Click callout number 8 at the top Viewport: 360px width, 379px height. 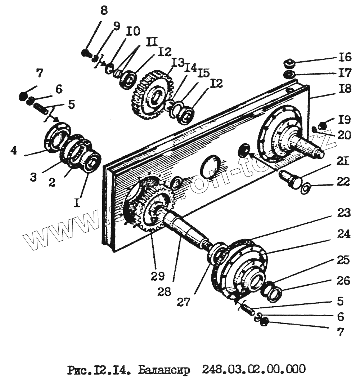point(104,10)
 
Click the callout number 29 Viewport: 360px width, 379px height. point(158,277)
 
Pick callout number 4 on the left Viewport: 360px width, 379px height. point(14,151)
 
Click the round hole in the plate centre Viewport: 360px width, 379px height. point(210,167)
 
